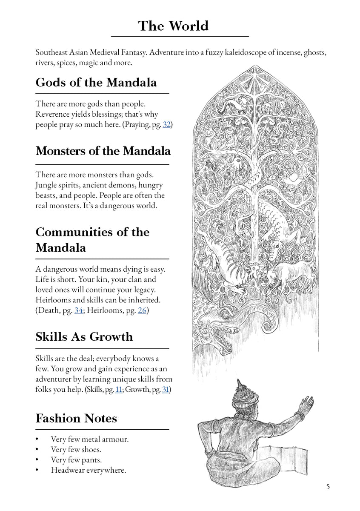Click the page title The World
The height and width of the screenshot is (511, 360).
point(173,26)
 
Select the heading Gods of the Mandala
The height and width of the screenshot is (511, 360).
point(96,82)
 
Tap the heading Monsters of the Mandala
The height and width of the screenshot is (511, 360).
point(103,151)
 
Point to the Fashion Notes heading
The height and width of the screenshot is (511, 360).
point(76,418)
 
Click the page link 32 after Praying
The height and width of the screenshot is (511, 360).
point(167,125)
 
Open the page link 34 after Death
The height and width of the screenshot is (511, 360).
point(79,310)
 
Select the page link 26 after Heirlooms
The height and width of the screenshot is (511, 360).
point(142,310)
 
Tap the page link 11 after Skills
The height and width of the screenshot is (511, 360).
point(118,389)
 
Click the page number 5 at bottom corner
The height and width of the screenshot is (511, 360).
point(328,487)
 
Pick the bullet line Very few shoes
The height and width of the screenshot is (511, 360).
point(76,449)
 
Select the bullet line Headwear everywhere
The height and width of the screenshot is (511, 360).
point(89,470)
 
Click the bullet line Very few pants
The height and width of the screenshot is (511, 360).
point(76,460)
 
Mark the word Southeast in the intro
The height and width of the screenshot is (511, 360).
point(53,53)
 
